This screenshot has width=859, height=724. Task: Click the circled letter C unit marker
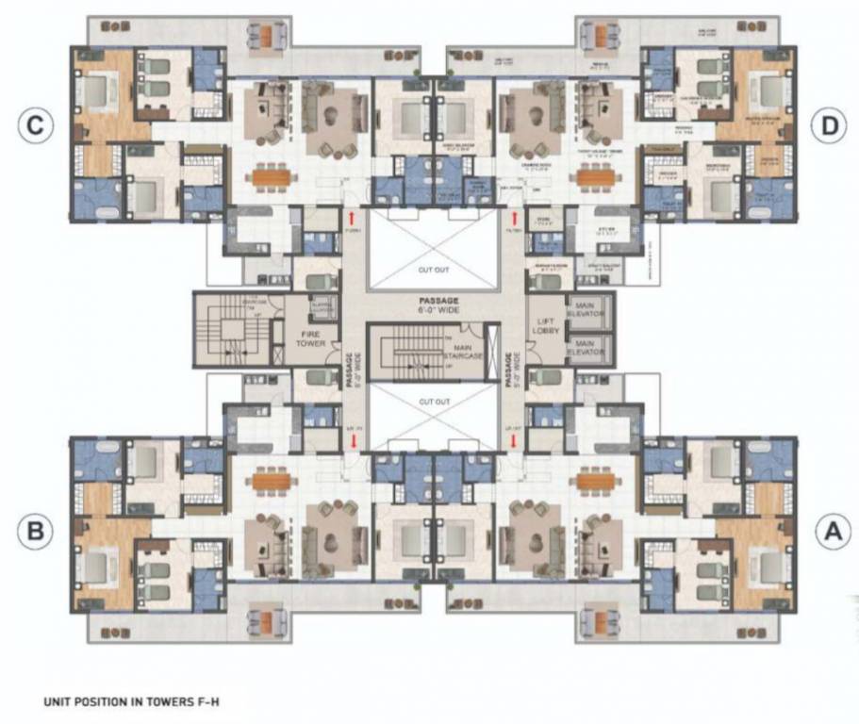tap(35, 127)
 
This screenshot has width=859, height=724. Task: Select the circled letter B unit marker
tap(35, 532)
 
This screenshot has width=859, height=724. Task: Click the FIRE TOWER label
tap(312, 338)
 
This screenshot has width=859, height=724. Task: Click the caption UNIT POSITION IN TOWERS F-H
tap(131, 702)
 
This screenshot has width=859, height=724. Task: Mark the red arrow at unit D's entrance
tap(514, 218)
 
